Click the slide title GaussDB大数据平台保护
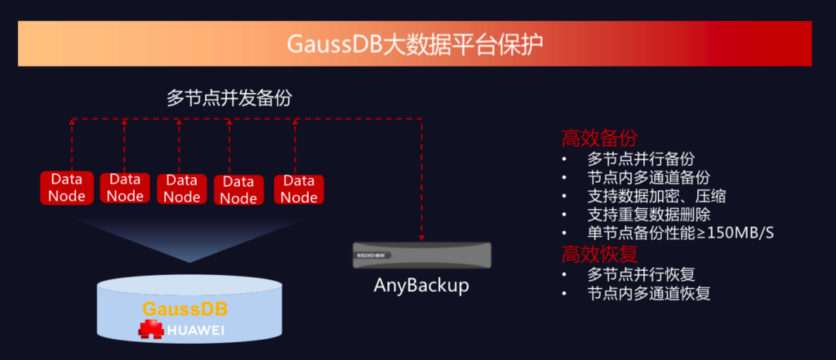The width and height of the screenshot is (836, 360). click(415, 43)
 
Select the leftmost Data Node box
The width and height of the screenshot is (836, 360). click(67, 187)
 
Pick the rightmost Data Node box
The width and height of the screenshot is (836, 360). click(299, 189)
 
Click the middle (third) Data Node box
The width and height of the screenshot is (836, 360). click(182, 188)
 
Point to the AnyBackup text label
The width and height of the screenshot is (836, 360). click(421, 285)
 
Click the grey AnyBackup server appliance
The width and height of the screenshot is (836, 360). click(421, 255)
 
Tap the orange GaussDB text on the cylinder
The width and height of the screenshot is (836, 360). click(184, 309)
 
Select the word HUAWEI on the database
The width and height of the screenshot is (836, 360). click(198, 331)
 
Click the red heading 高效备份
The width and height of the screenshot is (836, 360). click(599, 139)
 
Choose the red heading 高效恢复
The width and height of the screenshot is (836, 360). click(599, 254)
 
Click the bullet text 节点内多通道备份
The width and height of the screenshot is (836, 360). click(649, 177)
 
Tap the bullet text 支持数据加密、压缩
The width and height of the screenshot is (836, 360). click(656, 196)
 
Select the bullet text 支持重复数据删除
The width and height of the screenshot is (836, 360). click(649, 214)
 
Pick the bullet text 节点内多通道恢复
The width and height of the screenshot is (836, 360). click(649, 293)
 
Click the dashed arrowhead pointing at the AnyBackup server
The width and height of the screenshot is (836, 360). click(422, 238)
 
